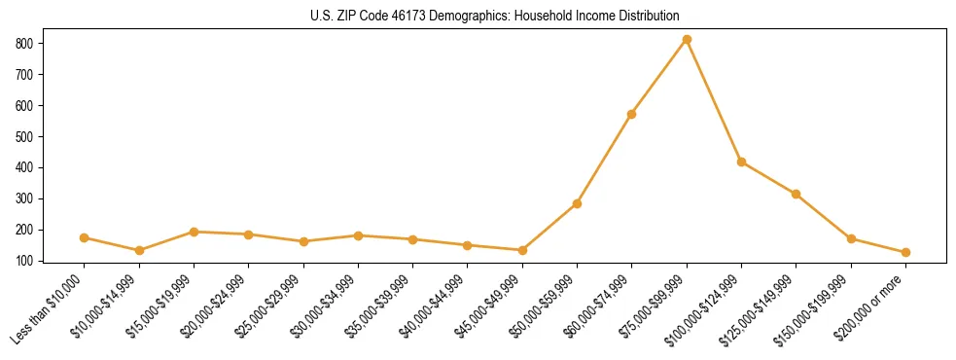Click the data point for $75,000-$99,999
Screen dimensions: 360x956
tap(687, 39)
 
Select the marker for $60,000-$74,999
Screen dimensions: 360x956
tap(632, 114)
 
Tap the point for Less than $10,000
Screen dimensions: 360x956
tap(85, 237)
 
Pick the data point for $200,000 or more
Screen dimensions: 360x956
tap(905, 252)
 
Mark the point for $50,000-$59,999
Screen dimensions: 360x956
tap(577, 203)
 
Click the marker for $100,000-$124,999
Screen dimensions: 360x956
tap(741, 162)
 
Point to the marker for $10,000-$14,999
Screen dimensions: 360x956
tap(139, 250)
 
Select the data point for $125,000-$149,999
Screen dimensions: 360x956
tap(796, 194)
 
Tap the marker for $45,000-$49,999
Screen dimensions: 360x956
tap(522, 250)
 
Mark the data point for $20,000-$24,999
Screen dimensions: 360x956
tap(248, 234)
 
